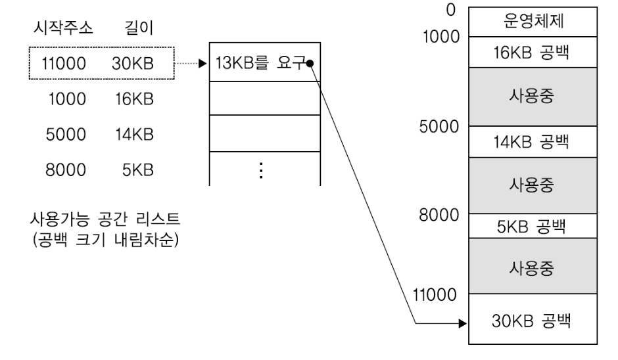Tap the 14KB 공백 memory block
pyautogui.click(x=533, y=139)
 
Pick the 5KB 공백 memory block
pyautogui.click(x=533, y=227)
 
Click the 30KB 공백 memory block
pyautogui.click(x=533, y=322)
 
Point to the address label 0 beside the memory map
pyautogui.click(x=450, y=9)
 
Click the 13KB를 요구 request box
pyautogui.click(x=263, y=64)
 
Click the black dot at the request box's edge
pyautogui.click(x=310, y=64)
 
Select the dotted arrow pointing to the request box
pyautogui.click(x=191, y=64)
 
